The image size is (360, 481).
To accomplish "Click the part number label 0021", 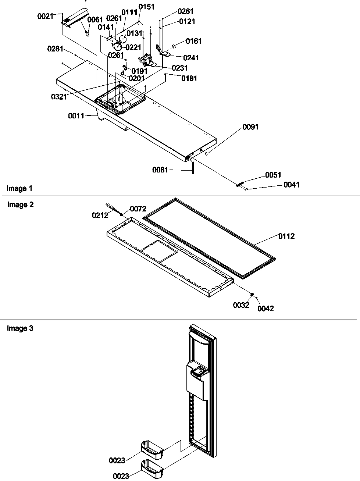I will click(45, 16).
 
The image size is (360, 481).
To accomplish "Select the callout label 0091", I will click(250, 127).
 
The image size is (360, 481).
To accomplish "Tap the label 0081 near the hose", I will click(160, 170).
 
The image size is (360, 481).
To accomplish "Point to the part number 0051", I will click(273, 175).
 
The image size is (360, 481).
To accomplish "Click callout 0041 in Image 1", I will click(291, 185).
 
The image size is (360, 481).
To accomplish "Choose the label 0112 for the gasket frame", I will click(286, 236).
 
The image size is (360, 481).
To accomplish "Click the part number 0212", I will click(100, 215).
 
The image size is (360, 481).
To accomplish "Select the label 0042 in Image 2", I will click(265, 309).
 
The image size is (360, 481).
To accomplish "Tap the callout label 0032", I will click(241, 305).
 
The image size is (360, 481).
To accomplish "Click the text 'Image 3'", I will click(20, 328).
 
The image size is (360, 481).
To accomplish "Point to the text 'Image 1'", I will click(19, 189).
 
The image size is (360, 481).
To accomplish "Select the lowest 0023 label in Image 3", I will click(121, 476).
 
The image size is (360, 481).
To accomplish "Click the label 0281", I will click(55, 49).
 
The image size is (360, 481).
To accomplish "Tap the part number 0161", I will click(193, 41).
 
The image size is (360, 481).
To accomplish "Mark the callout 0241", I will click(190, 58).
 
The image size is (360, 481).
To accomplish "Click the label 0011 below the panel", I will click(76, 116).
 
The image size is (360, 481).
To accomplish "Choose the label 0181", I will click(189, 78).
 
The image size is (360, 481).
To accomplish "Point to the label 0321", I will click(59, 97).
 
